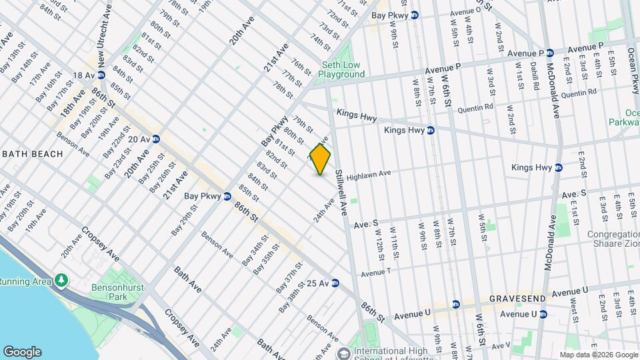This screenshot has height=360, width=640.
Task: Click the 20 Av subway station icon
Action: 155,139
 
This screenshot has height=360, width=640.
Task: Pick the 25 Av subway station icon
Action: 335,283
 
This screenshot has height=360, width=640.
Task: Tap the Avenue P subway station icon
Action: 551,53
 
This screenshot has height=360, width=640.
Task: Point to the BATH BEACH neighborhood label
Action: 32,154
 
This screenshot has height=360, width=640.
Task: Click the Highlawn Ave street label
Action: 367,174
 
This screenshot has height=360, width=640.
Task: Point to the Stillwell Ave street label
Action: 342,191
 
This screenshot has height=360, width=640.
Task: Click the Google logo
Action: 22,352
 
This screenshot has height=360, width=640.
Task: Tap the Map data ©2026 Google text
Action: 599,355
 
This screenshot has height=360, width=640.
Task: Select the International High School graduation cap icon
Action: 344,353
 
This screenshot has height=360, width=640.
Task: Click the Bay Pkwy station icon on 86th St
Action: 227,197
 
